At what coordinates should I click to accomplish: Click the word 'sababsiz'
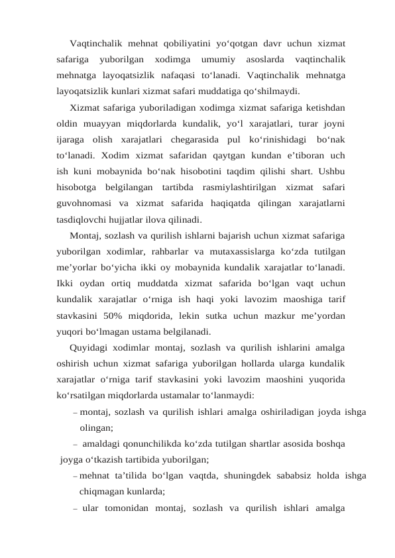click(266, 476)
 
